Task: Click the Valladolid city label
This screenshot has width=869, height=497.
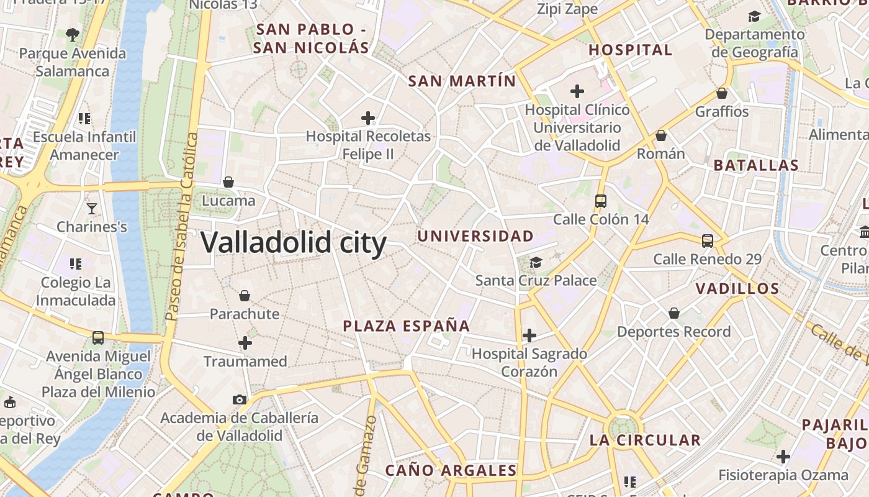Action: [x=294, y=242]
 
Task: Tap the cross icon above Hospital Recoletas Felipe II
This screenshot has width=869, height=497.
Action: [x=368, y=117]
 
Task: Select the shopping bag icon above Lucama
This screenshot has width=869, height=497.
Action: [x=228, y=182]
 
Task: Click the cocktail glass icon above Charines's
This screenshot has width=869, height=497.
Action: [x=92, y=208]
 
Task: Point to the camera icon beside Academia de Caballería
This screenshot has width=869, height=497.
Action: [x=240, y=399]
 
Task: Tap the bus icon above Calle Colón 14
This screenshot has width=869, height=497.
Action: [x=600, y=201]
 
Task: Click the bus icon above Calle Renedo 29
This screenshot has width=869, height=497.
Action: [x=707, y=241]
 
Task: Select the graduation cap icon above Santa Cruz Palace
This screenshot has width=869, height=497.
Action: [x=536, y=262]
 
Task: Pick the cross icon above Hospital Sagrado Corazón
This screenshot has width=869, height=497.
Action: [x=529, y=335]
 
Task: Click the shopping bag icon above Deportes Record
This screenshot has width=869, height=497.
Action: [x=673, y=313]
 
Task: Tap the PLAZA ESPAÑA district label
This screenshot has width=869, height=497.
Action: [x=407, y=326]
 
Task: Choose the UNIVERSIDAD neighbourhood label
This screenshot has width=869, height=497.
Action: [x=475, y=236]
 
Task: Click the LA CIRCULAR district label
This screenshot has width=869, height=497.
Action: [x=645, y=440]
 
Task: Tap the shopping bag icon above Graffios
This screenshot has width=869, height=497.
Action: [x=722, y=93]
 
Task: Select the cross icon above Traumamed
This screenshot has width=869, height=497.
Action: [x=245, y=342]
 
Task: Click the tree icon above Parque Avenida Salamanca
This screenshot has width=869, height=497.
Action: [x=73, y=34]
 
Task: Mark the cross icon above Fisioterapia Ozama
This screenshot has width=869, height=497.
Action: [x=783, y=457]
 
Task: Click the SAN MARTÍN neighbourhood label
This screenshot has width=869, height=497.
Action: [x=462, y=81]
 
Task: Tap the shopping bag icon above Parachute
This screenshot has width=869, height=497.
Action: [x=245, y=295]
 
